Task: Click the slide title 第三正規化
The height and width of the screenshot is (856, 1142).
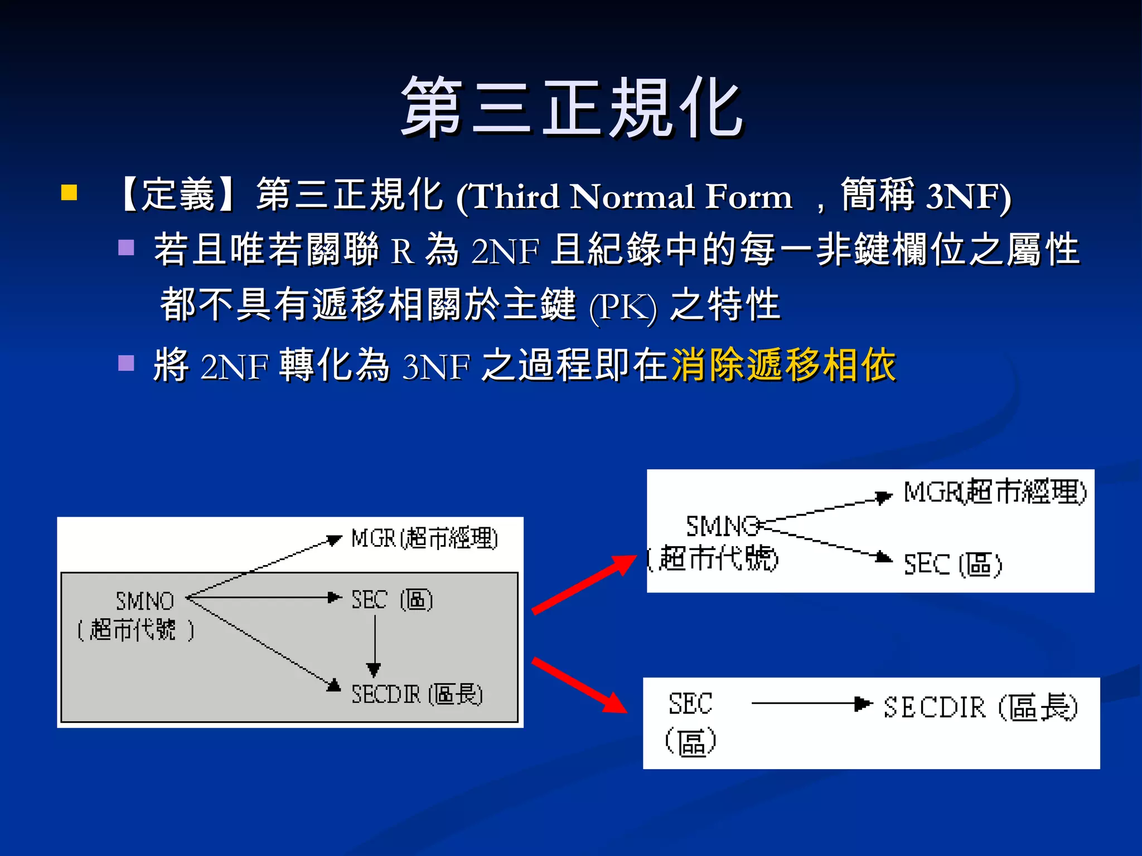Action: tap(572, 108)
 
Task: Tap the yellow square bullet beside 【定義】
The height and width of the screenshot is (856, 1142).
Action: tap(69, 193)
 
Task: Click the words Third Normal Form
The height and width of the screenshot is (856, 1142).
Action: tap(625, 197)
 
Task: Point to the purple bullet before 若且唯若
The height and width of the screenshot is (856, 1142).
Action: tap(127, 247)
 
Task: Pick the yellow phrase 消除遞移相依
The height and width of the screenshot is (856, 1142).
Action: tap(783, 366)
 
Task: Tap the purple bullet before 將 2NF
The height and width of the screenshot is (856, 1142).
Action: tap(127, 363)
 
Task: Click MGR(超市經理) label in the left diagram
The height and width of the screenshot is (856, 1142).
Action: tap(424, 538)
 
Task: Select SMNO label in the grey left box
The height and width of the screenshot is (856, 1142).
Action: tap(145, 601)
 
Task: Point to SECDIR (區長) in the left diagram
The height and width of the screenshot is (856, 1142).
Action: tap(417, 694)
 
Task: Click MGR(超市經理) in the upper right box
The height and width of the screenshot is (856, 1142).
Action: tap(995, 492)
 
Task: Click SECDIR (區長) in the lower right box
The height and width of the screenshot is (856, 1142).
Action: tap(980, 707)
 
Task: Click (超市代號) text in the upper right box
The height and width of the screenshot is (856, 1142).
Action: tap(714, 558)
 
